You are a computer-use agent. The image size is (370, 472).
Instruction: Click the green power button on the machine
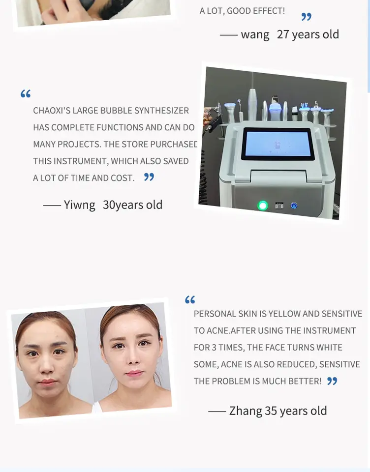click(x=262, y=206)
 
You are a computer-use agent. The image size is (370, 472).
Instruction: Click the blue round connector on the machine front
click(x=294, y=206)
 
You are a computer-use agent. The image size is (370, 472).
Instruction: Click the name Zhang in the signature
click(x=246, y=411)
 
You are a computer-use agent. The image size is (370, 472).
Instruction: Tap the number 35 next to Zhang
click(x=271, y=411)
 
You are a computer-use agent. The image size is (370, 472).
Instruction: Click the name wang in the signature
click(x=255, y=34)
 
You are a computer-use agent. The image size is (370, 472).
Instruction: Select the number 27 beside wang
click(x=283, y=34)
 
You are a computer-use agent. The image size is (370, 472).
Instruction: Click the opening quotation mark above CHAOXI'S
click(x=26, y=93)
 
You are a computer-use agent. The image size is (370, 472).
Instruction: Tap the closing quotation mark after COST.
click(x=149, y=177)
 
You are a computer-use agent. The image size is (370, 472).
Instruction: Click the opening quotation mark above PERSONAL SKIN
click(x=190, y=299)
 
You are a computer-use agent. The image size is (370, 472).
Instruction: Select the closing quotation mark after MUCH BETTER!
click(x=332, y=381)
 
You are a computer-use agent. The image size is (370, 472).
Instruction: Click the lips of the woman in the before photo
click(x=48, y=382)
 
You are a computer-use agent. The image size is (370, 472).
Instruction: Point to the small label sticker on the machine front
click(x=279, y=206)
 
